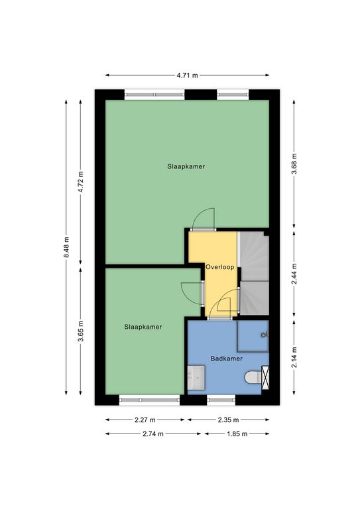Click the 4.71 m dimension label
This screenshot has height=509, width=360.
pos(187,76)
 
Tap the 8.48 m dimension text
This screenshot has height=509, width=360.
pos(66,247)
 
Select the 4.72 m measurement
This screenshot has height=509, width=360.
pos(80,182)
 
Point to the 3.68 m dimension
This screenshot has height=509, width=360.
pos(294,164)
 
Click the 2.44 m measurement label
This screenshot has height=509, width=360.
pos(294,274)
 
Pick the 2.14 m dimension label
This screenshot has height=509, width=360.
pos(294,357)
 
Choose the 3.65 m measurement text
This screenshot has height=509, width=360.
pos(80,331)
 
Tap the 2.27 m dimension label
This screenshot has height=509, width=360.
pos(145,420)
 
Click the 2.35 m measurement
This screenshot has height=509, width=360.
pos(228,420)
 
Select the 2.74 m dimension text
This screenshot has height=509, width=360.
pos(153,433)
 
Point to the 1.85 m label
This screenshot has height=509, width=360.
pos(237,433)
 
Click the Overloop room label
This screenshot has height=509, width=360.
pos(219,268)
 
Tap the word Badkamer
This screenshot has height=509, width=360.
pos(227,359)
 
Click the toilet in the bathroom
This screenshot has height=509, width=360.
pos(253,377)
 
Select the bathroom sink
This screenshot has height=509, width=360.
pos(196,378)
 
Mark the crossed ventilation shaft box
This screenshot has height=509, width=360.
pos(266,377)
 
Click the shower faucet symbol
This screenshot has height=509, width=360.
pos(265,334)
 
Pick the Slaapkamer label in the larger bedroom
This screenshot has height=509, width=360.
pos(186,166)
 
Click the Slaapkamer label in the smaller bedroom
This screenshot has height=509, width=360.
pos(143,327)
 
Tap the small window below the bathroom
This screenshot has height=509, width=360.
pos(221,400)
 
